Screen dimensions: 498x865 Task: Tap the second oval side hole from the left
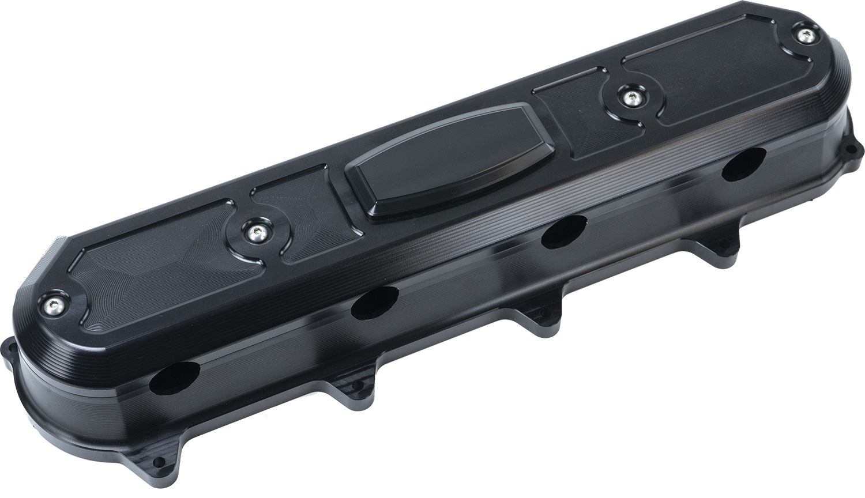(375, 303)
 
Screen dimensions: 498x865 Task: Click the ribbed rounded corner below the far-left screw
(43, 340)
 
